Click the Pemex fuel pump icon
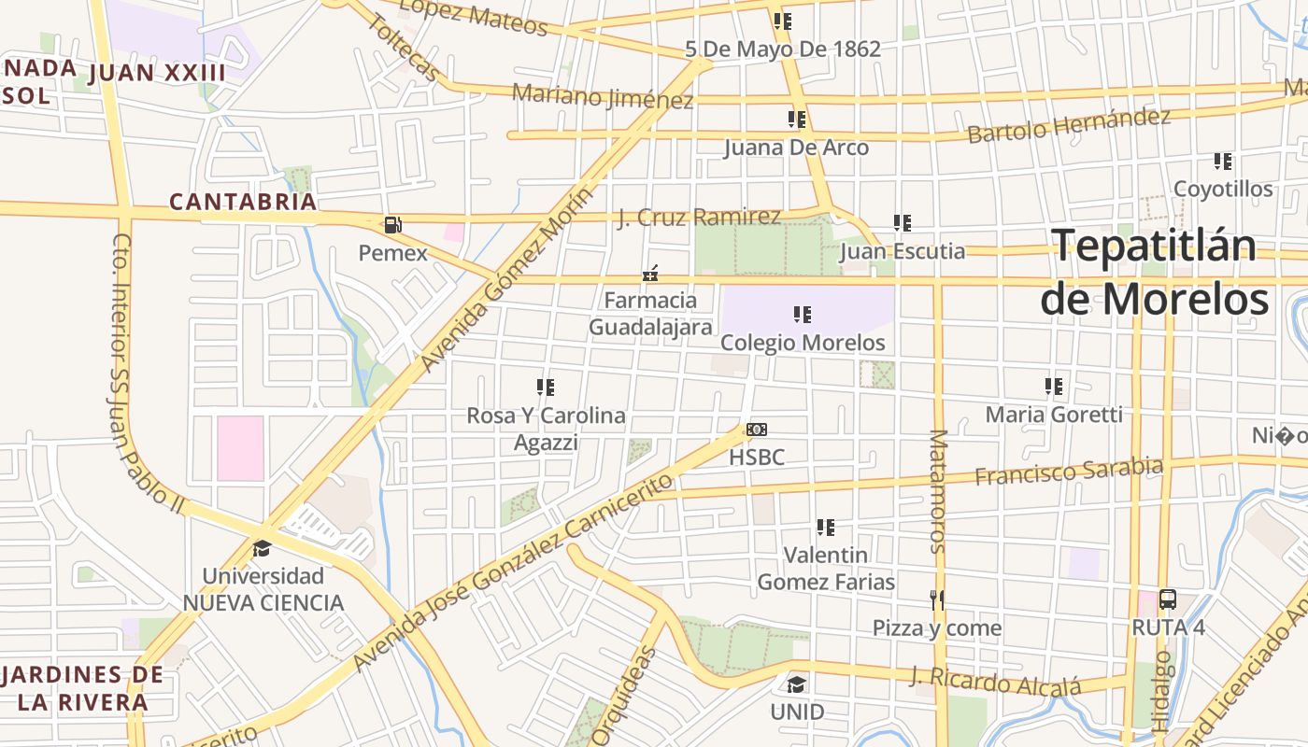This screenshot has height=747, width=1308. [x=392, y=224]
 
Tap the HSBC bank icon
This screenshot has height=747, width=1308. [x=757, y=430]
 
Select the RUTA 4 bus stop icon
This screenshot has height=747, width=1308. [x=1167, y=599]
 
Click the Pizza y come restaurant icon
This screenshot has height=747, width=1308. [x=937, y=599]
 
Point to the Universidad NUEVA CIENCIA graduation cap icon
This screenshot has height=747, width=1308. [x=262, y=548]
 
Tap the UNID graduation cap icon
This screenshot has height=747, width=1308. [x=796, y=684]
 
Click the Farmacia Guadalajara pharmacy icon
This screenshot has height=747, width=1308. [x=650, y=274]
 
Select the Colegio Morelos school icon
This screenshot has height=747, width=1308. [x=802, y=315]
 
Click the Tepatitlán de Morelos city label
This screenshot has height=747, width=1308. [x=1155, y=272]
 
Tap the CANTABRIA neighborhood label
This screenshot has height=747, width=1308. [x=243, y=202]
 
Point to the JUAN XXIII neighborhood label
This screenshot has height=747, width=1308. [x=157, y=74]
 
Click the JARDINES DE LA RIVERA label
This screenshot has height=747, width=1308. [x=82, y=688]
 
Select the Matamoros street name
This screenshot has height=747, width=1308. [x=938, y=491]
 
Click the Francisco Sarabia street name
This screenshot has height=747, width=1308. [x=1069, y=472]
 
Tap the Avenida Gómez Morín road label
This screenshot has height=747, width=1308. [x=506, y=280]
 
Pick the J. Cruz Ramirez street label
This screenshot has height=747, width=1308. [x=699, y=218]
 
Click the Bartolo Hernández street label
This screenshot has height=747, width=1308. [x=1069, y=125]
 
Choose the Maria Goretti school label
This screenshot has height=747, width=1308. [x=1054, y=414]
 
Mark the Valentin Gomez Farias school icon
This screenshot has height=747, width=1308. [x=825, y=528]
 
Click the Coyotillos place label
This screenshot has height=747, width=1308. [x=1223, y=189]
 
